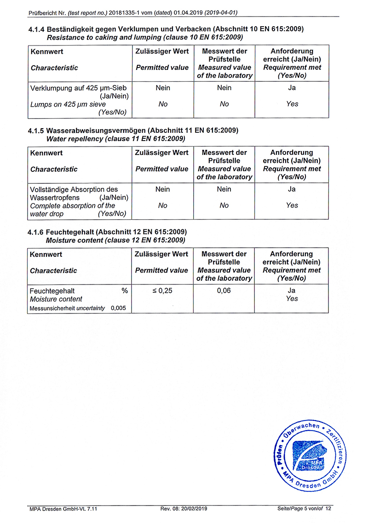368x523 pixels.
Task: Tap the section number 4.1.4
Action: click(37, 29)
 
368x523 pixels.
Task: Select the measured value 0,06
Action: click(224, 290)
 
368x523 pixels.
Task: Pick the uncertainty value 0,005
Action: click(118, 308)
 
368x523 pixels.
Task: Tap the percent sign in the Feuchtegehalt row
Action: click(125, 290)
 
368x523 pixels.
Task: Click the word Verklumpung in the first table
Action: click(49, 88)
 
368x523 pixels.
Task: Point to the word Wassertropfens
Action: click(54, 198)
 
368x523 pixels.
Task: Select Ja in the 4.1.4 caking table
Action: click(292, 88)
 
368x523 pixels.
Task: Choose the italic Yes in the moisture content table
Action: click(292, 299)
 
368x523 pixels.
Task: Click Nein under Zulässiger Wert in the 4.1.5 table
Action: click(162, 189)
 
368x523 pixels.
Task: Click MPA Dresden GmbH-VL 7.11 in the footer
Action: click(63, 508)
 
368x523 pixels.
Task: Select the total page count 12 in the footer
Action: click(328, 508)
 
